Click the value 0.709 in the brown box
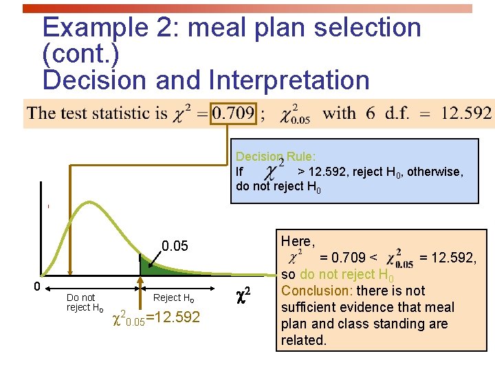coord(234,113)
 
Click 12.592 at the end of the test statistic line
coord(466,113)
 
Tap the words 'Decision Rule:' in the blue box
coord(276,157)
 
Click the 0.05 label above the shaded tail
coord(175,246)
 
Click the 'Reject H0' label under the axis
coord(173,297)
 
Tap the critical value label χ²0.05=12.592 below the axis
coord(155,317)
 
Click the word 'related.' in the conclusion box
coord(303,340)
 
